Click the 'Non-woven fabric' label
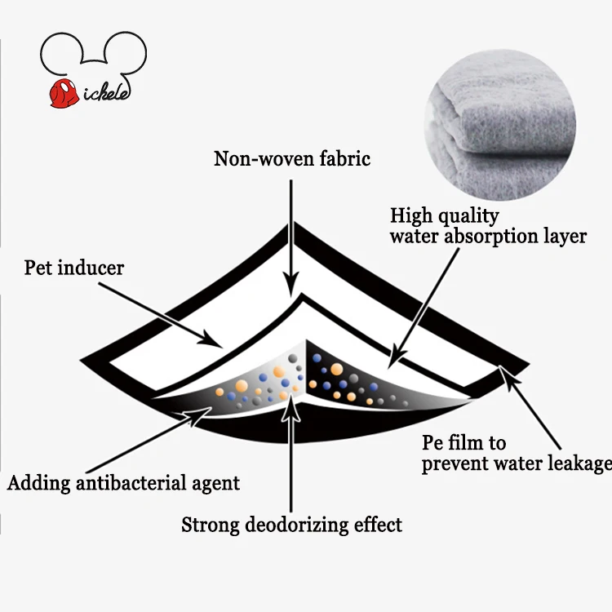pyautogui.click(x=292, y=159)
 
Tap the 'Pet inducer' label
pyautogui.click(x=74, y=268)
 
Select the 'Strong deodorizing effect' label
pyautogui.click(x=291, y=525)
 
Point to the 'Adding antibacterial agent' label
pyautogui.click(x=123, y=484)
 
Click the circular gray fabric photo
pyautogui.click(x=500, y=125)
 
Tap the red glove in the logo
pyautogui.click(x=64, y=93)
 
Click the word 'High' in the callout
pyautogui.click(x=410, y=216)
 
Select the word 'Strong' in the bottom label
pyautogui.click(x=211, y=526)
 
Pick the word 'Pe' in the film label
pyautogui.click(x=432, y=443)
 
